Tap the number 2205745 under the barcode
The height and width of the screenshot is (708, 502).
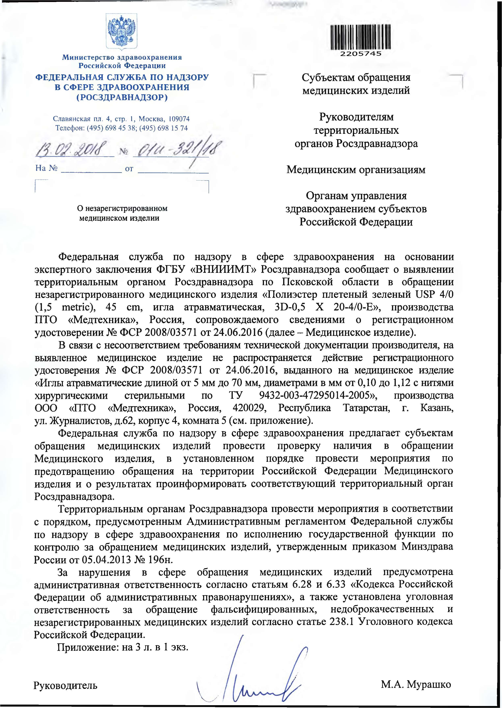coord(361,53)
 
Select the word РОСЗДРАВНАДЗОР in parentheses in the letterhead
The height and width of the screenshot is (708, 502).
coord(122,98)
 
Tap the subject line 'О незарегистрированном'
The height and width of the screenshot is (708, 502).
coord(122,208)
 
